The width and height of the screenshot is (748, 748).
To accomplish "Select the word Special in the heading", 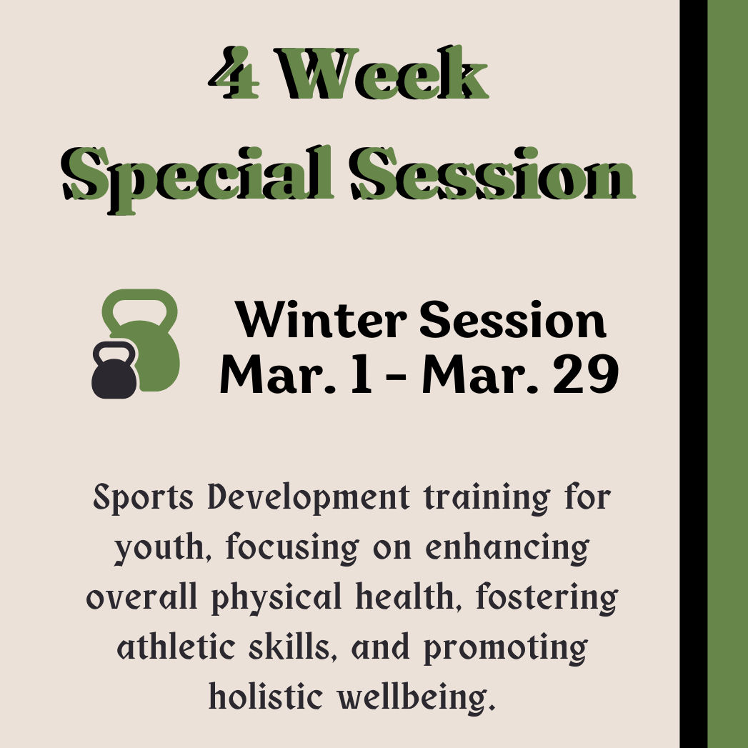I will pos(196,174).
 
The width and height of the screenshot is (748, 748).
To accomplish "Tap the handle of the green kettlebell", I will pos(139,306).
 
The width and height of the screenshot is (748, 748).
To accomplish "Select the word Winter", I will pos(322,321).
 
